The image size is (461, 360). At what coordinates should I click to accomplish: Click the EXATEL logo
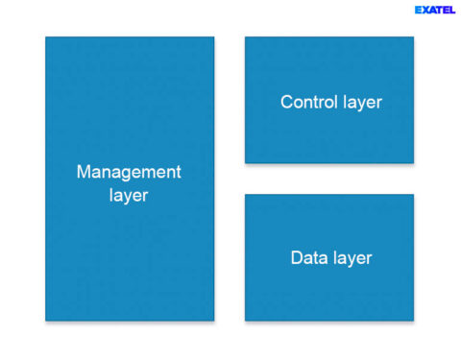point(435,10)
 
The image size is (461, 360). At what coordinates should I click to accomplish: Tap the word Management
point(129,173)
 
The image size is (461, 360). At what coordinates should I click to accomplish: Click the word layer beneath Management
point(129,196)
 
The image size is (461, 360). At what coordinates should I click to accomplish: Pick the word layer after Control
point(362,102)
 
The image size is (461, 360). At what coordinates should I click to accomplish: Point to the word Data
point(307,258)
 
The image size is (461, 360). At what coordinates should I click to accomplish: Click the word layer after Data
point(351,258)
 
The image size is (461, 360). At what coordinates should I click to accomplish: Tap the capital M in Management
point(84,173)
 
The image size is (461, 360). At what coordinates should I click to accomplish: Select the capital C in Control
point(286,102)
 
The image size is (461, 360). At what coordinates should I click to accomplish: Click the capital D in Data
point(296,258)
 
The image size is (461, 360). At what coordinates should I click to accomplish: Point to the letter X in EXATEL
point(425,10)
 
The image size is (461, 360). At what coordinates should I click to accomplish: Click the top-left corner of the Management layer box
point(46,37)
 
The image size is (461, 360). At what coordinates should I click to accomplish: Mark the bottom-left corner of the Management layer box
point(46,320)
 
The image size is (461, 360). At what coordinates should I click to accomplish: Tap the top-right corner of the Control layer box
point(413,37)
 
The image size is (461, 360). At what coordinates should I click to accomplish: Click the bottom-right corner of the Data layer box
point(413,320)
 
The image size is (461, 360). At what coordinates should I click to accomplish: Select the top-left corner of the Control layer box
point(246,37)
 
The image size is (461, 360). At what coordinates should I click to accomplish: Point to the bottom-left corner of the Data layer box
point(246,320)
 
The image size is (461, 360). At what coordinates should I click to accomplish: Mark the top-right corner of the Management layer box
point(213,37)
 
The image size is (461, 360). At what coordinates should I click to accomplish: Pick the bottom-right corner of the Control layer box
point(413,162)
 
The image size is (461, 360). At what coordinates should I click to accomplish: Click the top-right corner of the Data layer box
point(413,195)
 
